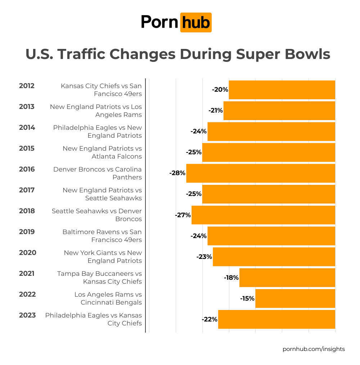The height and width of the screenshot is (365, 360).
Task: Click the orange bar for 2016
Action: pyautogui.click(x=261, y=173)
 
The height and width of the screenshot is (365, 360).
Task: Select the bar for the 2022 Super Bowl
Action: pyautogui.click(x=295, y=298)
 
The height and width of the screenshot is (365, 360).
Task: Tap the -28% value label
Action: pyautogui.click(x=177, y=173)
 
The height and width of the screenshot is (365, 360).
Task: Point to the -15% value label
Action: pyautogui.click(x=247, y=298)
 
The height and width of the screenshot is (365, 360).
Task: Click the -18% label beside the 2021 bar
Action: pyautogui.click(x=231, y=278)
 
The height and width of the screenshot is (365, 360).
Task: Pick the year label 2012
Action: pyautogui.click(x=27, y=86)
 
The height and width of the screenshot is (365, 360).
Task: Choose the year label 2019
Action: pyautogui.click(x=27, y=232)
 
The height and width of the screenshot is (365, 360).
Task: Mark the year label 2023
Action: pyautogui.click(x=27, y=315)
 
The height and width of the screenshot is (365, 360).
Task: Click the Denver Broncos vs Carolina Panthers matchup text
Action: pyautogui.click(x=98, y=173)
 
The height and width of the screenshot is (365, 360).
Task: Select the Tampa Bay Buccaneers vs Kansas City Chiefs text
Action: pyautogui.click(x=99, y=278)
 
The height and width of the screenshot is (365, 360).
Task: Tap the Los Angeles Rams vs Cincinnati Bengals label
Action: pyautogui.click(x=108, y=298)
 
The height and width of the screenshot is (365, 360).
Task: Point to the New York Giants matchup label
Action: pyautogui.click(x=103, y=257)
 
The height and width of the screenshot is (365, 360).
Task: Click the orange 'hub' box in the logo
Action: pyautogui.click(x=196, y=23)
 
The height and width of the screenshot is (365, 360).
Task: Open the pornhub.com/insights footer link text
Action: pyautogui.click(x=314, y=349)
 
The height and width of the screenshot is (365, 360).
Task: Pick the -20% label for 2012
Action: pyautogui.click(x=220, y=90)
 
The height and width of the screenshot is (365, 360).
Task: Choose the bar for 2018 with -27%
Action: pyautogui.click(x=263, y=215)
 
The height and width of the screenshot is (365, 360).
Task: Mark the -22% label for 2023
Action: pyautogui.click(x=210, y=319)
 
